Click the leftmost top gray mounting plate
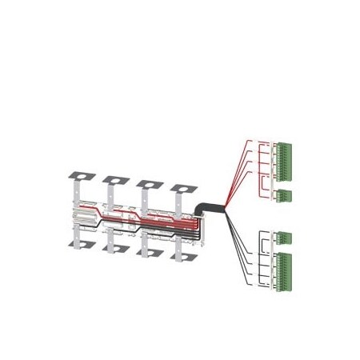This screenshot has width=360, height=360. click(x=80, y=175)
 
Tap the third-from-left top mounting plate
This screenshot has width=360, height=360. click(x=149, y=185)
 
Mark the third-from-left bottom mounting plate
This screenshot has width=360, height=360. click(x=150, y=253)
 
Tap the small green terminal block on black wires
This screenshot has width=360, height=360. click(x=284, y=238)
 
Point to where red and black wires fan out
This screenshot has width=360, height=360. click(x=226, y=210)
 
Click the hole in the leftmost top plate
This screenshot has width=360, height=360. click(x=81, y=174)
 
